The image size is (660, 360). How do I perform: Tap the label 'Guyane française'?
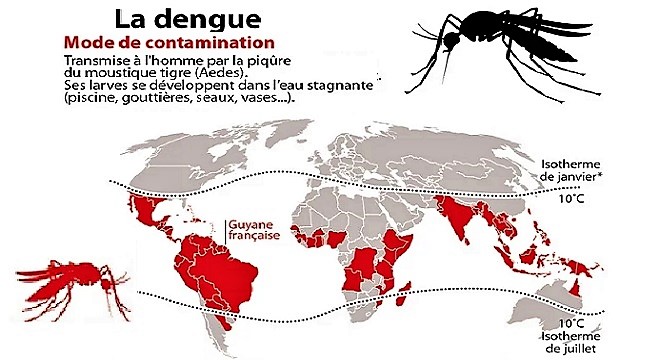pos(257,232)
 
